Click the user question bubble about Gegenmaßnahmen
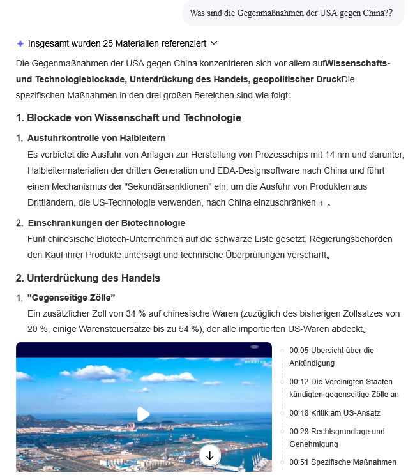291,13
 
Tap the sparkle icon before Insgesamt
20,43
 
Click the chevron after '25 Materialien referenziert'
214,43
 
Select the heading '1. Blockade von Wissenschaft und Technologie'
128,118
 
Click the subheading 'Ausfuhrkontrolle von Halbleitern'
96,138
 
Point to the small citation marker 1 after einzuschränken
321,204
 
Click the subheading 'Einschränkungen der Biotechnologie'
106,223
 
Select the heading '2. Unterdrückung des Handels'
88,278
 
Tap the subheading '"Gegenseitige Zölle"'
71,298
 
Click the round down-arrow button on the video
209,455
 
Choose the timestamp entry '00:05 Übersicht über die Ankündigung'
331,357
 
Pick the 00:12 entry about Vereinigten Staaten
343,388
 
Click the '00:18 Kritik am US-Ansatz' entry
335,413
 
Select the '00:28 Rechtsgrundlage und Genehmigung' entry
336,437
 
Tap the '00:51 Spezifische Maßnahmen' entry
342,462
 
